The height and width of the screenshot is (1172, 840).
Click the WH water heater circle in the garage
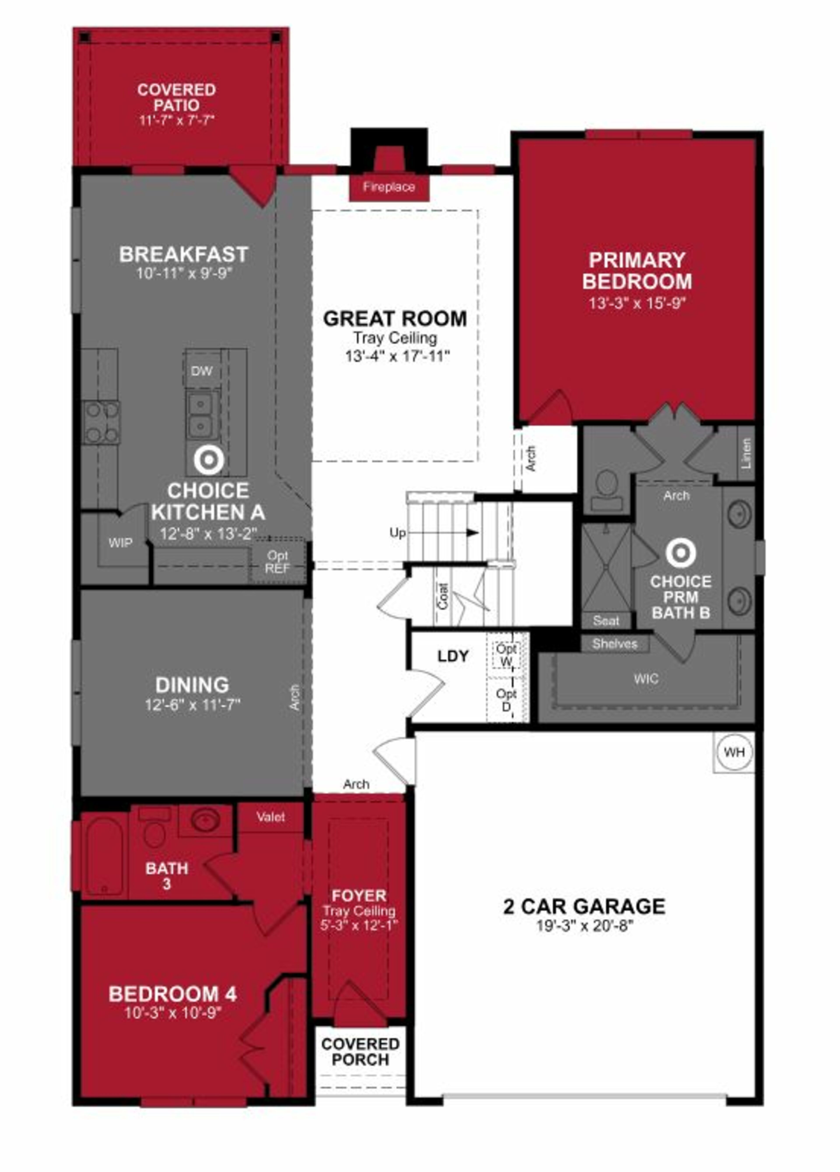click(733, 752)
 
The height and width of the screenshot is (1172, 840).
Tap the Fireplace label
click(389, 187)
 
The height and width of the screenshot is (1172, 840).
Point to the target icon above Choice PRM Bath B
click(680, 553)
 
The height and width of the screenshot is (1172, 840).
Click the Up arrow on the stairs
click(470, 532)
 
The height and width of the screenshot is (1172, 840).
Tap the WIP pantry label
click(121, 542)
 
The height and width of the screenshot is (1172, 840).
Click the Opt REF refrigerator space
click(278, 562)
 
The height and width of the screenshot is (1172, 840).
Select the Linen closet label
click(745, 454)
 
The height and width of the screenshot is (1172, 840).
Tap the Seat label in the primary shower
click(606, 621)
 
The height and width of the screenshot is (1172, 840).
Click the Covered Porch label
click(360, 1052)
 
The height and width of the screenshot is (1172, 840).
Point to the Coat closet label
click(443, 596)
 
